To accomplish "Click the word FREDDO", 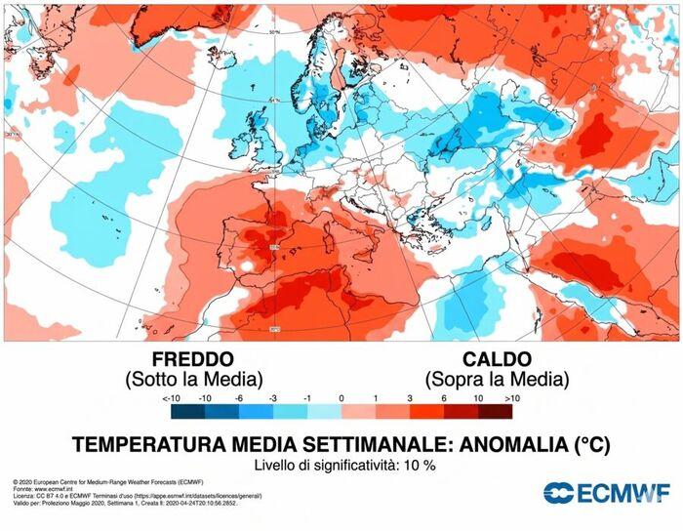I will (193, 358).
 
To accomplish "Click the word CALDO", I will (497, 358).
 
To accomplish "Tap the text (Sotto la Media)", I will (193, 378).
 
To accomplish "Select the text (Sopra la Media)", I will (497, 378).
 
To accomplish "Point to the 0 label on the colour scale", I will (341, 398).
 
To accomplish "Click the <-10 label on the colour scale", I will (171, 398).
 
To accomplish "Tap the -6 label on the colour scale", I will (239, 398).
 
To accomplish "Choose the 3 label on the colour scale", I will (410, 398).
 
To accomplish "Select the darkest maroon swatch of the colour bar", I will (495, 412).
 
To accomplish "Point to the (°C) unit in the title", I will (588, 444).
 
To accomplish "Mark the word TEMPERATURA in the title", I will (147, 444).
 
